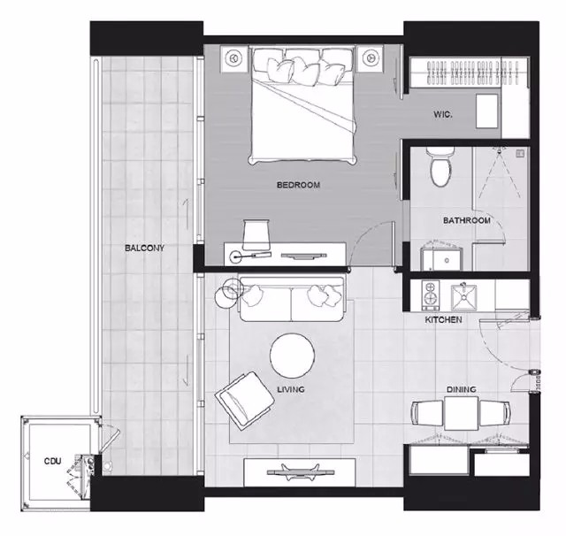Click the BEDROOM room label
[298, 185]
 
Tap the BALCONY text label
[144, 248]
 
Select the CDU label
[53, 461]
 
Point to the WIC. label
[443, 115]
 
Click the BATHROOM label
[467, 220]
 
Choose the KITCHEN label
[443, 319]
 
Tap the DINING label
[462, 389]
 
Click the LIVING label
[291, 389]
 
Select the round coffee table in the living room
[293, 355]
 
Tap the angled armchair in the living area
[245, 401]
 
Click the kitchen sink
[463, 298]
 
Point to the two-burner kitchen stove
[431, 295]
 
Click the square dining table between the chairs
[462, 414]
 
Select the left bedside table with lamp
[233, 57]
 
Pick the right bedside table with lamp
[370, 57]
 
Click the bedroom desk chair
[256, 234]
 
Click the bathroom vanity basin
[442, 258]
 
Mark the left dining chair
[427, 414]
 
